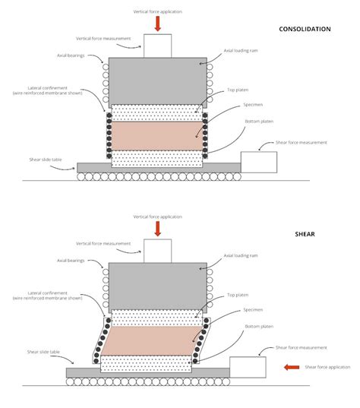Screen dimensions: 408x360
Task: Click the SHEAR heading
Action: tap(305, 234)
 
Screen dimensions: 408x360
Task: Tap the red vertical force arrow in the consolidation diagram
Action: tap(157, 24)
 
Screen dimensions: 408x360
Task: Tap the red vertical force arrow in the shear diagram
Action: tap(157, 229)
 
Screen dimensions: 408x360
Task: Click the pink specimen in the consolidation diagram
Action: tap(157, 134)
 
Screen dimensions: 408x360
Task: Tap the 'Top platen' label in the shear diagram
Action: tap(236, 295)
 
